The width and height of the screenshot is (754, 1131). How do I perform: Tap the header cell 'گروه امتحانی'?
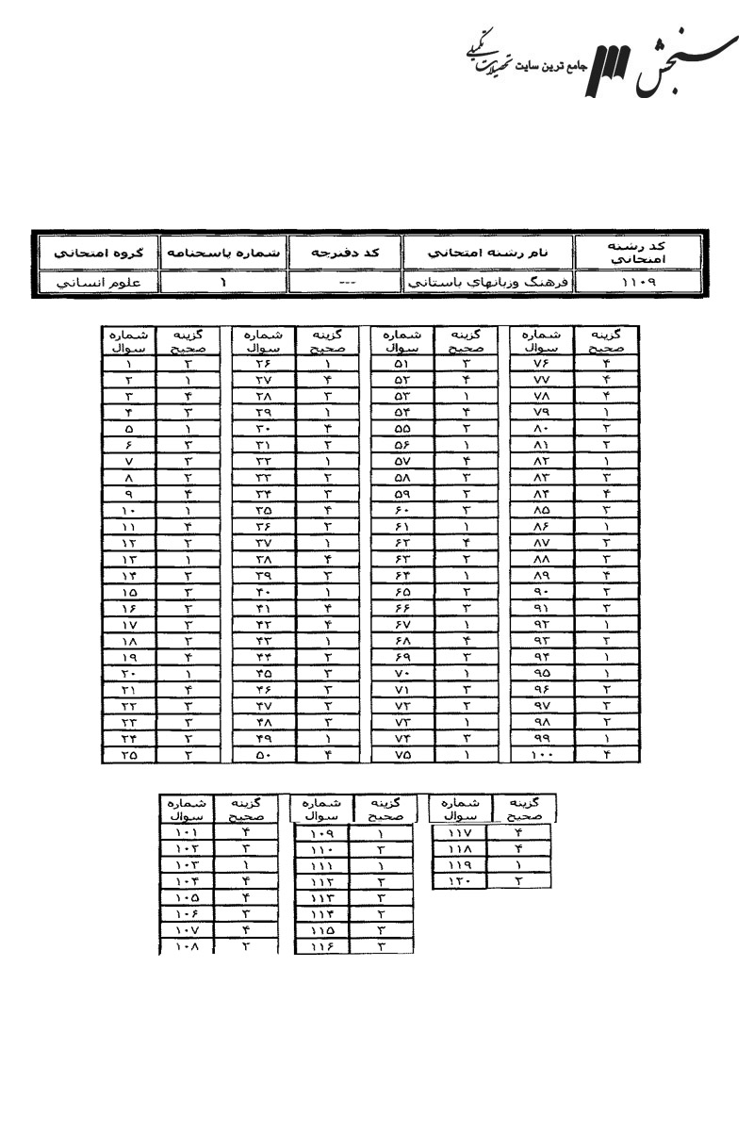click(92, 254)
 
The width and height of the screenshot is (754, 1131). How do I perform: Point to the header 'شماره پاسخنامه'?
click(222, 254)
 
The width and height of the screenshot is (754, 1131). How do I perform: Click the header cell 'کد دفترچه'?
click(345, 254)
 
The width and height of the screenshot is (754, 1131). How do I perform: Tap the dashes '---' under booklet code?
click(345, 282)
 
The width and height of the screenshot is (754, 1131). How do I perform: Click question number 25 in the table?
click(128, 755)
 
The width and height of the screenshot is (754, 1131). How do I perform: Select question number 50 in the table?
click(263, 755)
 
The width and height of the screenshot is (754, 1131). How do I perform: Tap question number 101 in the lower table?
click(186, 832)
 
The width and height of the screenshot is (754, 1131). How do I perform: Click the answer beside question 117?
click(519, 832)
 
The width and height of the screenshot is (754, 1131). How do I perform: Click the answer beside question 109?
click(381, 832)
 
